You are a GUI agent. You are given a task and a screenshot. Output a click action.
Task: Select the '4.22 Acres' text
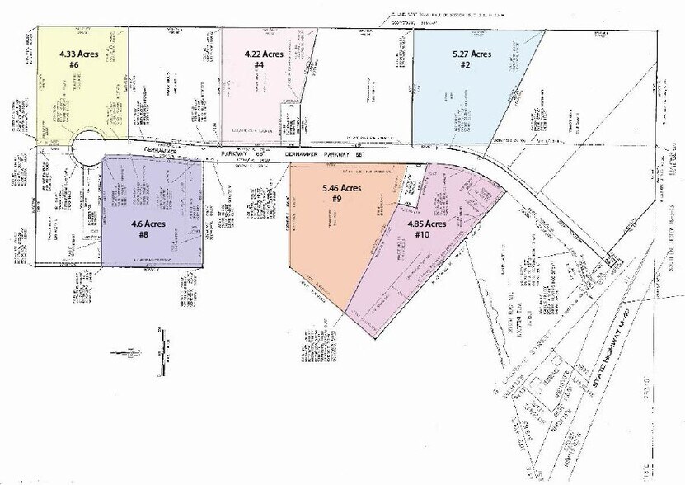pyautogui.click(x=265, y=54)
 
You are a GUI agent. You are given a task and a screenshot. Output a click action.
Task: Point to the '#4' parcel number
pyautogui.click(x=259, y=65)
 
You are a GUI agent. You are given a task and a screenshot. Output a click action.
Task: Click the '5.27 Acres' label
pyautogui.click(x=472, y=54)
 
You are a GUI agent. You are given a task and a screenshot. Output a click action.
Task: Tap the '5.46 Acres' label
pyautogui.click(x=342, y=188)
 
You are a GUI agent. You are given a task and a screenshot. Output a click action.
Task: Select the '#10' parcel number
pyautogui.click(x=423, y=234)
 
